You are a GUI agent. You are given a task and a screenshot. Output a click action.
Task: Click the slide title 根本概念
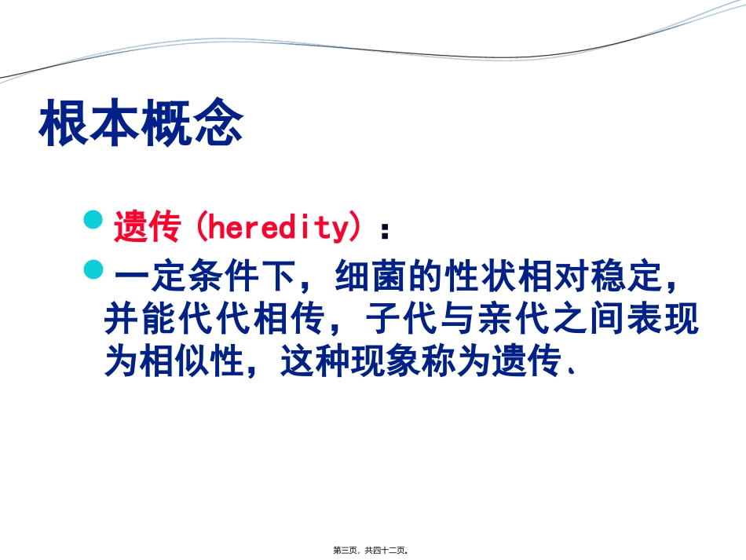click(141, 123)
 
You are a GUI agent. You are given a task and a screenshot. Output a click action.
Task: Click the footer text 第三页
click(346, 551)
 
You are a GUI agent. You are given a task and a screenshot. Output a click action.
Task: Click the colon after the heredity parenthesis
click(384, 229)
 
